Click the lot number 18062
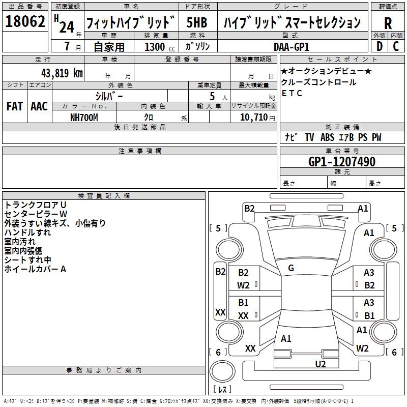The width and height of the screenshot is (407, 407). pyautogui.click(x=25, y=21)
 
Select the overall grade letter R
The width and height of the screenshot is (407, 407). pyautogui.click(x=388, y=23)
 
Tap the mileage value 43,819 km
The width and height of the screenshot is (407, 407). pyautogui.click(x=62, y=73)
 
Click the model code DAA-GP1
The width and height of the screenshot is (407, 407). pyautogui.click(x=292, y=47)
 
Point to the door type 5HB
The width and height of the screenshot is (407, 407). pyautogui.click(x=197, y=22)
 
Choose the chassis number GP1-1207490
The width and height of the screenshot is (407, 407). pyautogui.click(x=342, y=162)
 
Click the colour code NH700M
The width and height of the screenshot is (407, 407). pyautogui.click(x=84, y=118)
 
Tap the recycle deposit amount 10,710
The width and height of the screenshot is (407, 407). pyautogui.click(x=253, y=118)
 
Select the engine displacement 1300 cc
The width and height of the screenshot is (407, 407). pyautogui.click(x=160, y=47)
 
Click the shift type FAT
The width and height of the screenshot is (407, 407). pyautogui.click(x=15, y=106)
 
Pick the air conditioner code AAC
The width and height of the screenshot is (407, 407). pyautogui.click(x=39, y=106)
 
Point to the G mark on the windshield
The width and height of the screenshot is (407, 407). pyautogui.click(x=291, y=268)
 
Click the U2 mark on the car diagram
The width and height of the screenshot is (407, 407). pyautogui.click(x=321, y=364)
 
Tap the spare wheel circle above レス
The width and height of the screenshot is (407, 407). pyautogui.click(x=222, y=371)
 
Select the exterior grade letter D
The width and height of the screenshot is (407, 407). pyautogui.click(x=380, y=46)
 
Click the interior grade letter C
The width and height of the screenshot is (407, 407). pyautogui.click(x=396, y=46)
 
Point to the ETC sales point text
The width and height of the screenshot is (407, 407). pyautogui.click(x=292, y=93)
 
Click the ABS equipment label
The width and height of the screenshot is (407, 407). pyautogui.click(x=327, y=137)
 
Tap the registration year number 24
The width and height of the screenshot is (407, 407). pyautogui.click(x=67, y=27)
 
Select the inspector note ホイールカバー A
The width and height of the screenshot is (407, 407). pyautogui.click(x=35, y=269)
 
